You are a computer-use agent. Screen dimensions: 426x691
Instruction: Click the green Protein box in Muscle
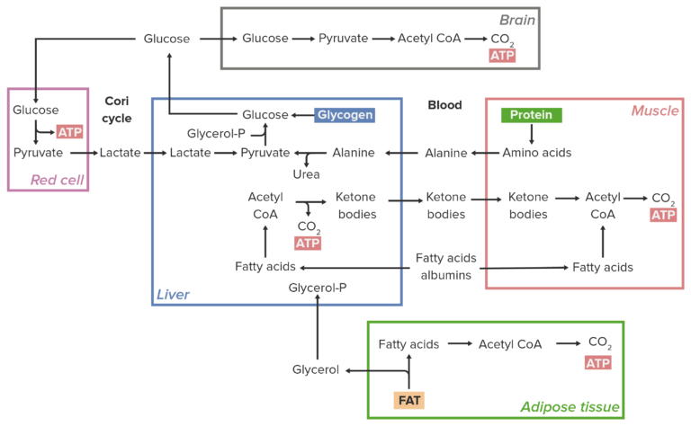click(x=532, y=115)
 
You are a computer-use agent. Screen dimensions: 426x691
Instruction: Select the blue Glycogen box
click(x=345, y=115)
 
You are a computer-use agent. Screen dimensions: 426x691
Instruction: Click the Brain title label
click(x=517, y=20)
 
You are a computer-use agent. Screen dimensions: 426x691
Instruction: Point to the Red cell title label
click(x=57, y=180)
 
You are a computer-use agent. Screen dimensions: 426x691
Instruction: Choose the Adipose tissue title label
click(x=570, y=407)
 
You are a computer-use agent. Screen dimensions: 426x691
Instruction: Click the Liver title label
click(x=174, y=294)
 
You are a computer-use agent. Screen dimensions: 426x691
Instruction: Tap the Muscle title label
click(x=654, y=111)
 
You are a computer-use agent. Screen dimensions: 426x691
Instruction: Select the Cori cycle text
click(x=117, y=110)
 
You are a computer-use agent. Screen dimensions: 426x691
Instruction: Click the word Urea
click(x=306, y=173)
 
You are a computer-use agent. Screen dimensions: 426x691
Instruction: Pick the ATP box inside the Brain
click(x=502, y=56)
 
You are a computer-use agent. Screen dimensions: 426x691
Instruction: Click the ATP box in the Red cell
click(x=69, y=132)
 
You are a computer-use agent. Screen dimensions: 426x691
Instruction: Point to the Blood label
click(x=444, y=105)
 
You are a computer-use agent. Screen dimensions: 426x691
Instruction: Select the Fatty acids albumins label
click(x=445, y=266)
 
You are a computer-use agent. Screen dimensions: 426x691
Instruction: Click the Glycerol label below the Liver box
click(x=316, y=369)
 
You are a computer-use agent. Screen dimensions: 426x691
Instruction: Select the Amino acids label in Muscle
click(x=537, y=153)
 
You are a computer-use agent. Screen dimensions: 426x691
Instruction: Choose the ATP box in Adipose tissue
click(x=597, y=362)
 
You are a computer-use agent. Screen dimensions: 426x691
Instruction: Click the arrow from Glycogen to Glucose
click(x=301, y=115)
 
